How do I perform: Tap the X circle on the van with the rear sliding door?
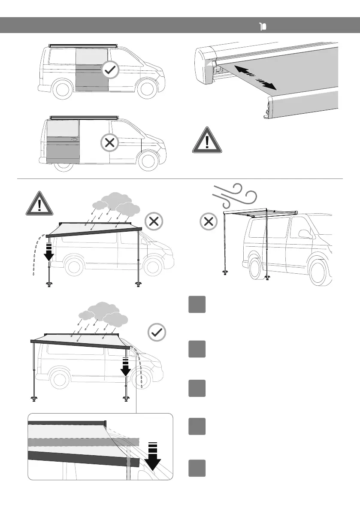point(110,143)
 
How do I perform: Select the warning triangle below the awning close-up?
point(207,140)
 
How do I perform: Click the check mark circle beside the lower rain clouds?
point(156,333)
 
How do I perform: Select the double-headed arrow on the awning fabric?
point(256,78)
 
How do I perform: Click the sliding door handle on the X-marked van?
point(74,139)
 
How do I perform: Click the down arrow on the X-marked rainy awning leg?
point(49,252)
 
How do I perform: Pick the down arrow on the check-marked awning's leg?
point(125,366)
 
